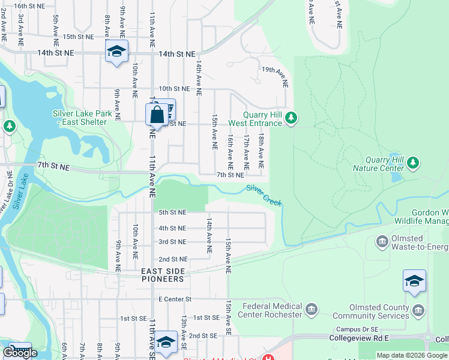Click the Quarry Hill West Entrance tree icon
[x=291, y=118]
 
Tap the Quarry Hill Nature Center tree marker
[x=412, y=163]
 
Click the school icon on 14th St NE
[x=116, y=51]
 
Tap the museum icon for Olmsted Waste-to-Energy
[x=382, y=242]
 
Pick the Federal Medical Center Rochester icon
[x=311, y=310]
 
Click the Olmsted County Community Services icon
[x=418, y=310]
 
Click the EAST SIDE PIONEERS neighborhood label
[x=163, y=275]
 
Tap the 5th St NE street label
[x=172, y=212]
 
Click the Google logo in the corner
[x=20, y=353]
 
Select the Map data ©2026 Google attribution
[x=412, y=355]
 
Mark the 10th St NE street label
[x=174, y=88]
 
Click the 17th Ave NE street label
[x=246, y=151]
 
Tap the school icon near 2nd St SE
[x=166, y=342]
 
